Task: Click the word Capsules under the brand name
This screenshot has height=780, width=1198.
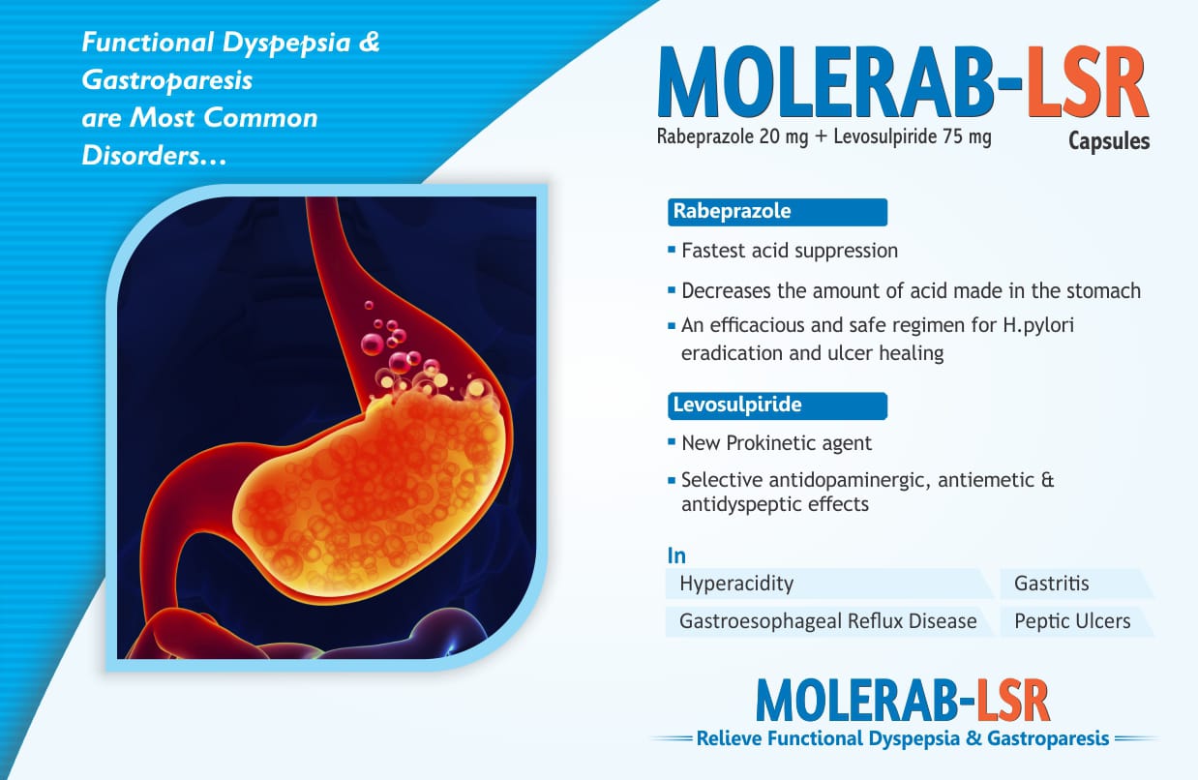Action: [1109, 141]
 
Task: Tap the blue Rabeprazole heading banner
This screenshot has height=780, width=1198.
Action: [777, 212]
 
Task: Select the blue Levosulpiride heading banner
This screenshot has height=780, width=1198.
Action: [777, 405]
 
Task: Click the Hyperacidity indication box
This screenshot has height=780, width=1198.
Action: [829, 584]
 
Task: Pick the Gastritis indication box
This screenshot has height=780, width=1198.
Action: [1076, 584]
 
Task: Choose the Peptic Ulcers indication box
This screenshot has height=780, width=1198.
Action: [1076, 621]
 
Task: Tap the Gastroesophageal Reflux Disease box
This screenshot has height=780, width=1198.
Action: [829, 621]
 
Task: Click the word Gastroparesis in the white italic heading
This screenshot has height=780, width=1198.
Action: [166, 80]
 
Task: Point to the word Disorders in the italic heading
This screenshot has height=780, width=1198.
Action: [140, 156]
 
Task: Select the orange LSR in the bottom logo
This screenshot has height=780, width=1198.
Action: [1013, 701]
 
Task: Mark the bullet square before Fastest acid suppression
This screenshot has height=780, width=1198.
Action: [672, 250]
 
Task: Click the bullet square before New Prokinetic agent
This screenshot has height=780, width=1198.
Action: [672, 442]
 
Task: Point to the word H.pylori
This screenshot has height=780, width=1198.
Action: [1038, 326]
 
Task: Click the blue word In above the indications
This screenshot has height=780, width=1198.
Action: [676, 555]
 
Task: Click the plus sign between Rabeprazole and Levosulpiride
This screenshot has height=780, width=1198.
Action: [821, 137]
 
